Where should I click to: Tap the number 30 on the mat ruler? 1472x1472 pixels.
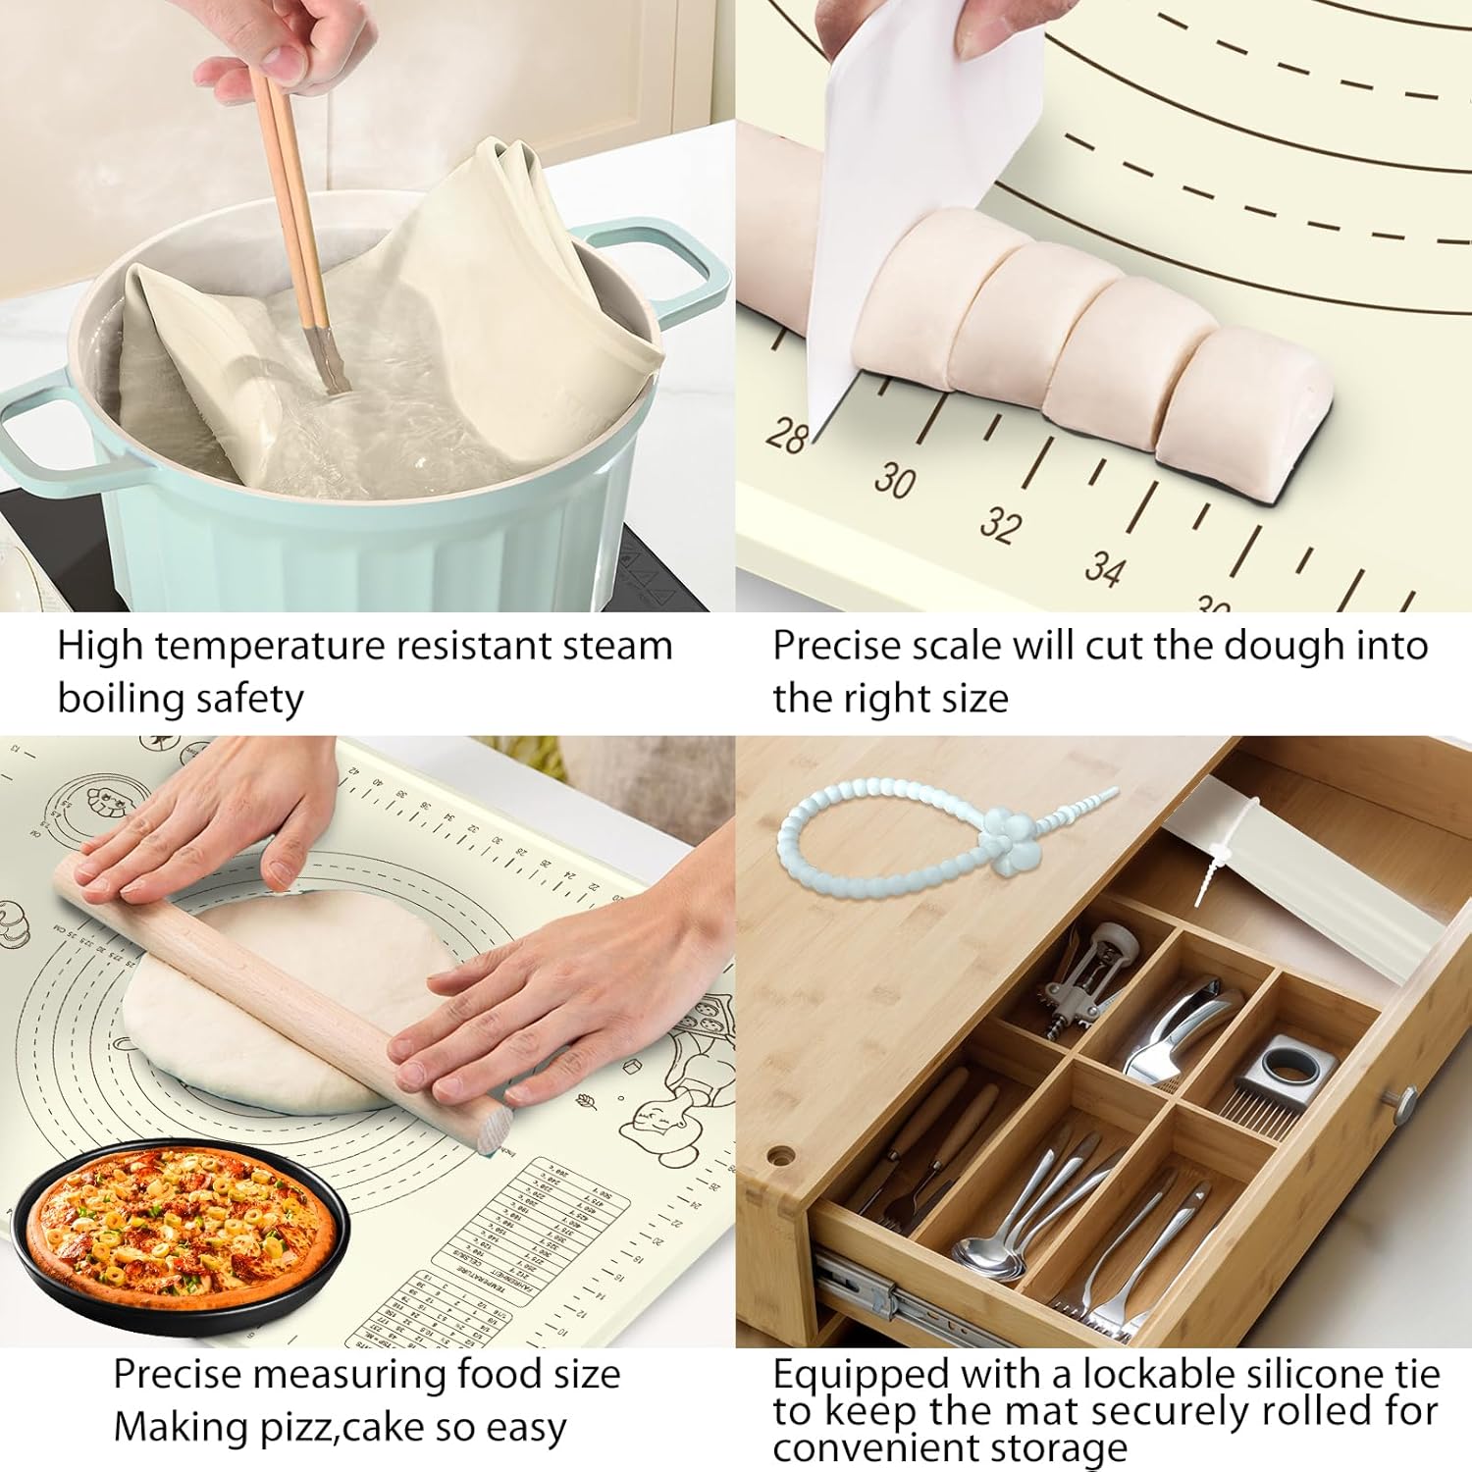(x=895, y=480)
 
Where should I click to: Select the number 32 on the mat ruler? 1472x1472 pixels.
(x=1000, y=524)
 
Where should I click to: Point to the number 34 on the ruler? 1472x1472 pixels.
(x=1104, y=568)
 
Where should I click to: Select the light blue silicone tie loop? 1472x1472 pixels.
(x=883, y=834)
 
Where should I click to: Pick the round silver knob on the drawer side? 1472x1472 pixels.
(x=1405, y=1104)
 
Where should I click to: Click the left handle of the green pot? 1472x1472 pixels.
(x=39, y=432)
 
